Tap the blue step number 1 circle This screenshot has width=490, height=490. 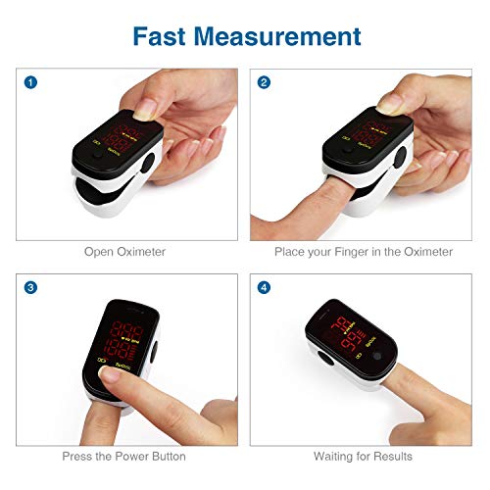[31, 82]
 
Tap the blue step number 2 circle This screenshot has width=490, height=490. [264, 82]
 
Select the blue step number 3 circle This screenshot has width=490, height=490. [31, 287]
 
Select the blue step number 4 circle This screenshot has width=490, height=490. [264, 287]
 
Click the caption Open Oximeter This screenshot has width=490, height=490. [123, 252]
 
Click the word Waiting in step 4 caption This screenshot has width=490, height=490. [335, 456]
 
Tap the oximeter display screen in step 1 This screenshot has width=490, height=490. [126, 139]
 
